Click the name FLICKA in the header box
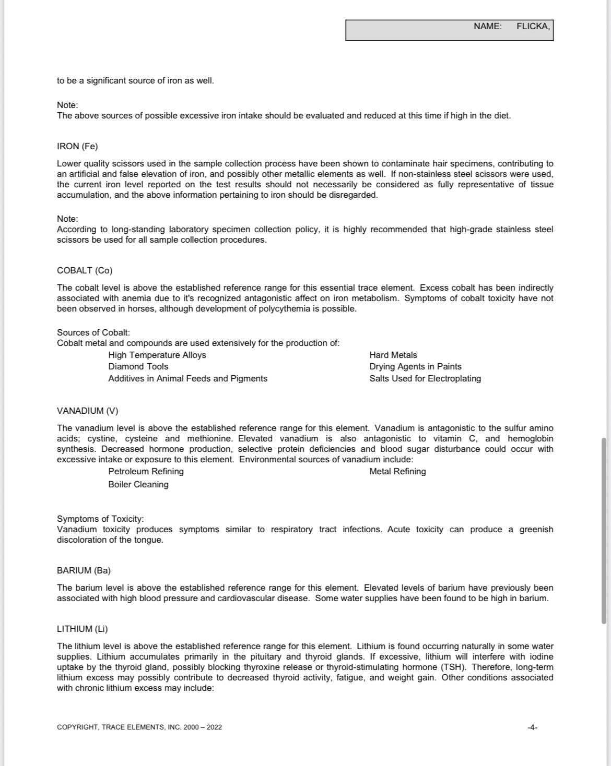point(533,26)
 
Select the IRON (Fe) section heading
point(77,146)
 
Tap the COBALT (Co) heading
point(85,270)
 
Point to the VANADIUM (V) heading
point(87,411)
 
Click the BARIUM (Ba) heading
point(84,570)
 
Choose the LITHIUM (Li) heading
point(82,629)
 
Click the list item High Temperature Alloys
point(157,355)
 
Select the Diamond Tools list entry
point(138,366)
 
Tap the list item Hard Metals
point(393,355)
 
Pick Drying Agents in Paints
point(415,366)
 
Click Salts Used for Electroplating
point(425,378)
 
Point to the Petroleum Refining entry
point(146,471)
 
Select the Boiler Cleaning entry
point(138,484)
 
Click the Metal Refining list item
point(397,471)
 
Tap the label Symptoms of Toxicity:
point(100,519)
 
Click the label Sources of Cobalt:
point(93,332)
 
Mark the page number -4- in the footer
point(532,727)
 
